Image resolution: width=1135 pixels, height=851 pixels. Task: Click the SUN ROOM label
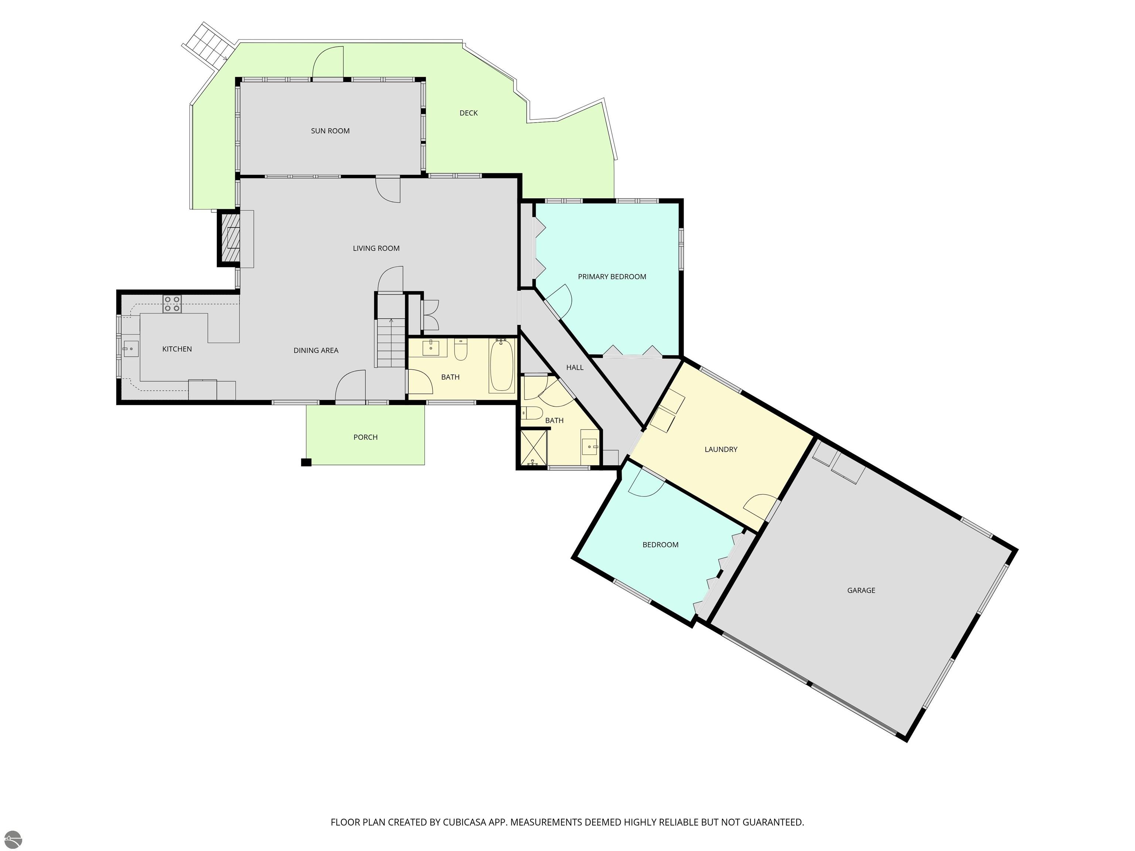click(330, 131)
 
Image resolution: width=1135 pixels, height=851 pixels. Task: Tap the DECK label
click(468, 113)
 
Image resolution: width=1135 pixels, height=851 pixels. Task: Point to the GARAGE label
click(861, 590)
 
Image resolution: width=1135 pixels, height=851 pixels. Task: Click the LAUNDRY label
click(721, 450)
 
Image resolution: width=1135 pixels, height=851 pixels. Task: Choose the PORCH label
click(365, 437)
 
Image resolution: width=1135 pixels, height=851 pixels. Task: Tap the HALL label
click(575, 367)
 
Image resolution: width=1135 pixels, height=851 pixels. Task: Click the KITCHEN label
click(177, 349)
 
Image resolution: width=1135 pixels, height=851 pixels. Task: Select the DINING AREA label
click(316, 351)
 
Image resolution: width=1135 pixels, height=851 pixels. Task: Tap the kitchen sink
click(130, 349)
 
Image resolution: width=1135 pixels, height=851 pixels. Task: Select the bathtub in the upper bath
click(501, 365)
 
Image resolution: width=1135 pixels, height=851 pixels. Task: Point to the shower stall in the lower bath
click(534, 447)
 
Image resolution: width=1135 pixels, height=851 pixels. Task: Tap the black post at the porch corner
click(306, 462)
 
